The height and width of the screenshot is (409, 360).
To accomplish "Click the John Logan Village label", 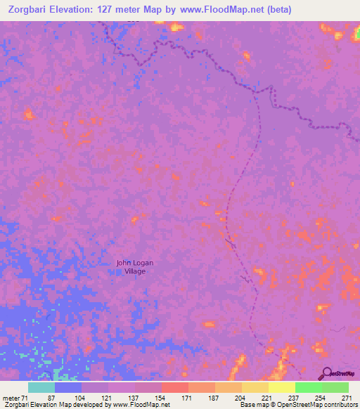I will pos(134,266).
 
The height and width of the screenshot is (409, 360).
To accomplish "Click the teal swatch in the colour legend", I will pos(41,388).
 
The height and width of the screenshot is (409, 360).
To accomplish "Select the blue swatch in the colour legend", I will pos(68,388).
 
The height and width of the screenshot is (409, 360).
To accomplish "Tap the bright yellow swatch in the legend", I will pos(282,388).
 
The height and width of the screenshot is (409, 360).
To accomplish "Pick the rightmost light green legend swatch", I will pos(335,388).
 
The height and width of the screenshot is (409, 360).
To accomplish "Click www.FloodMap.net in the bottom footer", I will pos(140,405).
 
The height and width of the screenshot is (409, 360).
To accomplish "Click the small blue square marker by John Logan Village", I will pos(119,271).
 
